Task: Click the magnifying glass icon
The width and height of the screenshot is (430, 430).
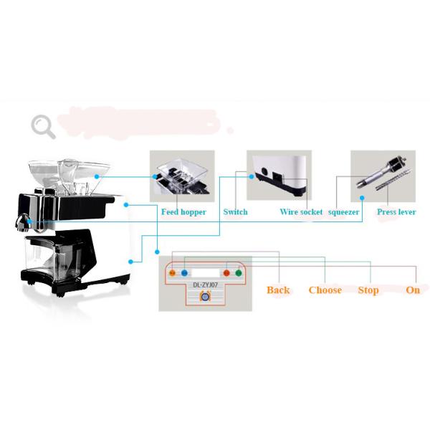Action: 42,126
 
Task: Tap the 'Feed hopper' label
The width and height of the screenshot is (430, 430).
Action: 183,212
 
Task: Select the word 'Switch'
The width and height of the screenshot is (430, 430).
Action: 235,212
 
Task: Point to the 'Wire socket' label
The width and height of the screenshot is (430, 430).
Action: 301,212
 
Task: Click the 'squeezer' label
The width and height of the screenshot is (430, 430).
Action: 343,212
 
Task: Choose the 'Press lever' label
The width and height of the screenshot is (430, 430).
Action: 396,212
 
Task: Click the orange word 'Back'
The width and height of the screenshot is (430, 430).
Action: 278,290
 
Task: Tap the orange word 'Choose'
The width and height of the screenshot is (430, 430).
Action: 325,290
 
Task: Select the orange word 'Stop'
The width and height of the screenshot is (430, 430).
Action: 368,290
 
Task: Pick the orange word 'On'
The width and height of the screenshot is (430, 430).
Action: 413,290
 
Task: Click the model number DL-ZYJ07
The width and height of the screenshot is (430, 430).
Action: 206,285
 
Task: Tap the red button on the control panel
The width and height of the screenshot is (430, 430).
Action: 226,273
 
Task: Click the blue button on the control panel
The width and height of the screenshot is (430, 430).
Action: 184,273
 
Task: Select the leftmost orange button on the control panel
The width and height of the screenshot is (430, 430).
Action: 172,273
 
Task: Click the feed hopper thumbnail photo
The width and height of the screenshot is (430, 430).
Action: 182,175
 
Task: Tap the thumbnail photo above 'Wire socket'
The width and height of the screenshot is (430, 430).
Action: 279,175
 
